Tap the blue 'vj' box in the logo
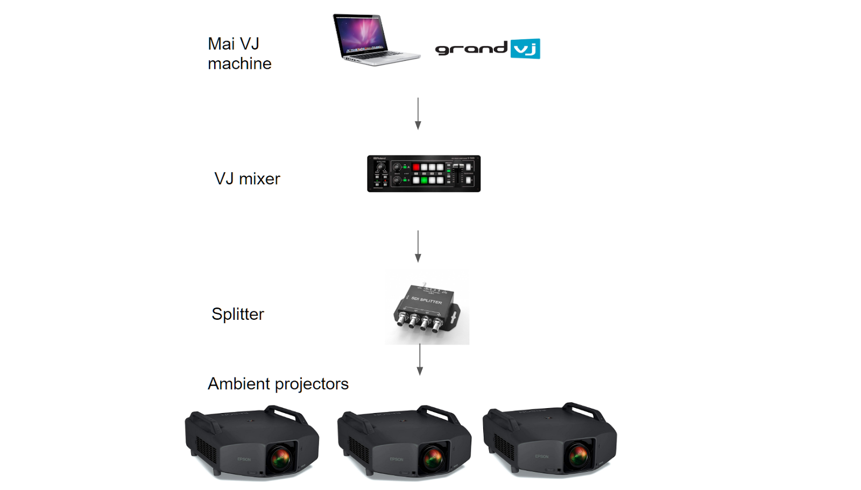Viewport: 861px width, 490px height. (525, 49)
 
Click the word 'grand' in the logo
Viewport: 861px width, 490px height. (471, 49)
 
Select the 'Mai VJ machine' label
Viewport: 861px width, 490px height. (239, 53)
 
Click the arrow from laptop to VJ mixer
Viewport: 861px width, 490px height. (418, 113)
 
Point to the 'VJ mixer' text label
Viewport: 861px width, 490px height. (247, 179)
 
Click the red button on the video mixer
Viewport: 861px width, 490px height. (416, 167)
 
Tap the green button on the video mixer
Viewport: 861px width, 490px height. (424, 180)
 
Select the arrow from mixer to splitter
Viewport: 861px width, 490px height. (418, 246)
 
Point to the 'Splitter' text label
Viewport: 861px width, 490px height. (238, 314)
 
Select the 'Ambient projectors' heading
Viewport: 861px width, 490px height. (278, 384)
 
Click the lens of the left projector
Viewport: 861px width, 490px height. (281, 458)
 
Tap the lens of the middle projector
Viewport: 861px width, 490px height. (433, 458)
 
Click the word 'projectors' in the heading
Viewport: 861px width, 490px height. (312, 384)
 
